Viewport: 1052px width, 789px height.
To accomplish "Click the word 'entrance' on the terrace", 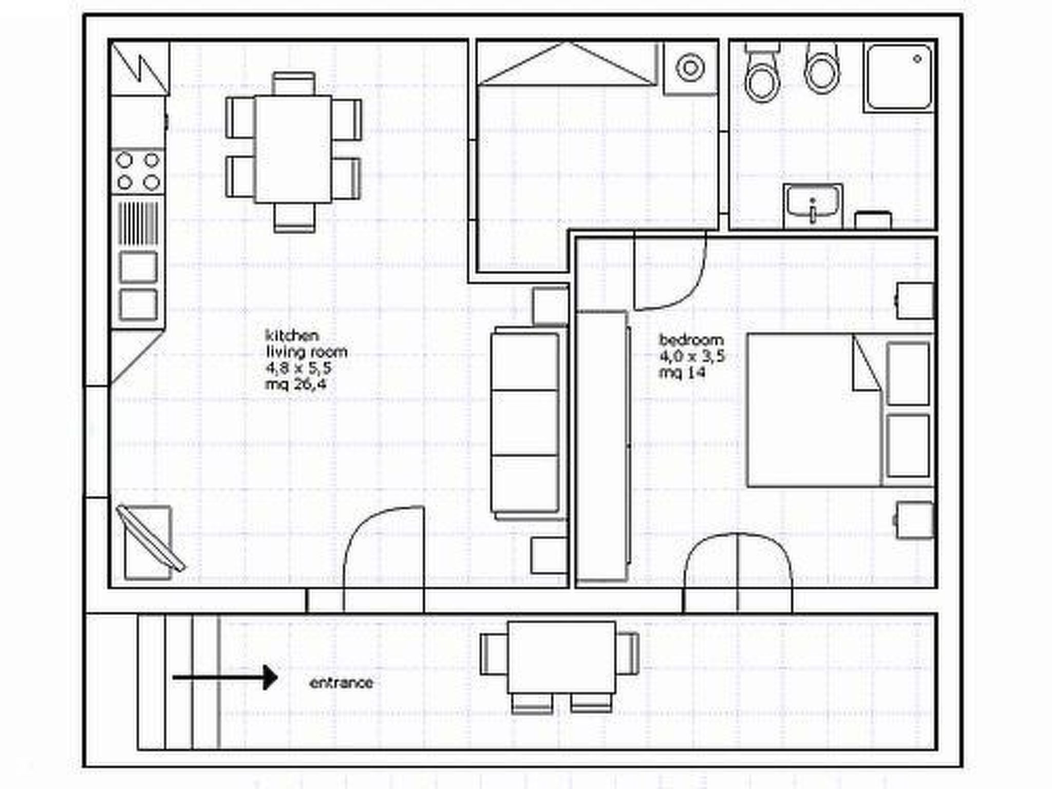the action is point(341,683).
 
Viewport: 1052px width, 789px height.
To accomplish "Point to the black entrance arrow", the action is point(225,678).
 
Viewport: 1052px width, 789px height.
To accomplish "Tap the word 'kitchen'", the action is point(292,336).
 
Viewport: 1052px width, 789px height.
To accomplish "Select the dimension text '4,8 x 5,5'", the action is point(298,368).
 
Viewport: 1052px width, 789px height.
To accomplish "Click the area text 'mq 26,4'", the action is point(295,384).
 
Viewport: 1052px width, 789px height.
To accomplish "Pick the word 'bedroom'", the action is point(691,340).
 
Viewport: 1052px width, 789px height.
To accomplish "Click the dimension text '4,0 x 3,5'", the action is point(692,356).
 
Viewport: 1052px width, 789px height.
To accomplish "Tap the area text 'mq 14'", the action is point(682,372).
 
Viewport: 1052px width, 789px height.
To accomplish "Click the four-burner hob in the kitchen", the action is point(138,172).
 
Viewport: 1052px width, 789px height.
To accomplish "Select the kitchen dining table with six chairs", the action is point(293,153).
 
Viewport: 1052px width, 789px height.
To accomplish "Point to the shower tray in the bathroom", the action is point(898,78).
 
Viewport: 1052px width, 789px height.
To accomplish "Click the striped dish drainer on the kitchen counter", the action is point(138,223).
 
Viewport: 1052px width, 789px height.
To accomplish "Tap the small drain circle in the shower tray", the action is point(917,59).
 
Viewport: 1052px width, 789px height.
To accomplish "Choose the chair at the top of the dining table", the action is point(293,84).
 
